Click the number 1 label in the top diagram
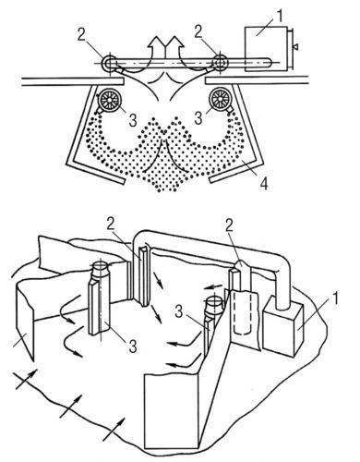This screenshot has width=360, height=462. (x=280, y=16)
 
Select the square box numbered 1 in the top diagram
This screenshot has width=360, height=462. (x=266, y=49)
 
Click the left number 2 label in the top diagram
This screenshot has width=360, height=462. (x=81, y=34)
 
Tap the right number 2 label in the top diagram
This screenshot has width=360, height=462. (x=198, y=32)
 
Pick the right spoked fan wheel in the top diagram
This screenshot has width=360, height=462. (x=220, y=99)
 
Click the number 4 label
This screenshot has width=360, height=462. (x=264, y=184)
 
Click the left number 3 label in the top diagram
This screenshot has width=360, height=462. (x=133, y=120)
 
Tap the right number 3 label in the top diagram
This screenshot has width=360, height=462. (x=199, y=118)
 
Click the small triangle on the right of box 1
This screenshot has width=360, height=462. (x=295, y=47)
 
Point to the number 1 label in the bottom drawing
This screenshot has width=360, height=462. (x=334, y=298)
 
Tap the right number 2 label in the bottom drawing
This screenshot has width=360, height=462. (x=230, y=226)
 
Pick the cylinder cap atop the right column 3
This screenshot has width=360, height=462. (x=214, y=305)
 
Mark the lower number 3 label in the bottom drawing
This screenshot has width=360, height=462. (x=133, y=346)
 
